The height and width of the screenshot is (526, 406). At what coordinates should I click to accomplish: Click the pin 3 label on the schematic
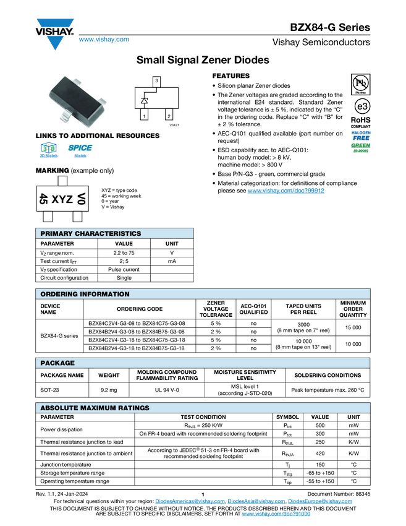tap(156, 81)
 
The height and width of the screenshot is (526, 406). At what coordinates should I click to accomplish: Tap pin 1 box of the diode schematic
tap(144, 115)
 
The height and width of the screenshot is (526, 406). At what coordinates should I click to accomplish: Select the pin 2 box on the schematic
tap(169, 115)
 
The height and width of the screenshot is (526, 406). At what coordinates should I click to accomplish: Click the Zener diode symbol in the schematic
tap(145, 100)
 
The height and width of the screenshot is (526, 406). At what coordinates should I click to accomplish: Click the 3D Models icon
tap(48, 150)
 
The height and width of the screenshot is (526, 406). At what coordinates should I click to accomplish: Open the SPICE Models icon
tap(80, 150)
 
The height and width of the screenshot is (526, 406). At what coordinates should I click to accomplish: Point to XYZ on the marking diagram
tap(62, 199)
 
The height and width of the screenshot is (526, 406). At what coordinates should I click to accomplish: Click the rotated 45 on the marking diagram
tap(43, 199)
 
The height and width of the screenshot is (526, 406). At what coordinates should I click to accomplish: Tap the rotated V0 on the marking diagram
tap(81, 199)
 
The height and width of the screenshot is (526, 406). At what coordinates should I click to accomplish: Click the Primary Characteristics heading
tap(91, 234)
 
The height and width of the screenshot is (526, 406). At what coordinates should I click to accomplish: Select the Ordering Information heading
tap(85, 294)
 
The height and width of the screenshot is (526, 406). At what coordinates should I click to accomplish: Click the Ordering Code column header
tap(140, 309)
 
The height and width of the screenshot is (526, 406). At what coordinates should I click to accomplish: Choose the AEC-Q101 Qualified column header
tap(254, 309)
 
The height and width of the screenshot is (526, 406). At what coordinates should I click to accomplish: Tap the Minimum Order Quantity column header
tap(353, 309)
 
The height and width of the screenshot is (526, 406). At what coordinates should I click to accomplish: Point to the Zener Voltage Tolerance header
tap(216, 309)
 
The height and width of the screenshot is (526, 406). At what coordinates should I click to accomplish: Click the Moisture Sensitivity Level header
tap(245, 375)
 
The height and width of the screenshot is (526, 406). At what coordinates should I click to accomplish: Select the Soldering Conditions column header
tap(328, 375)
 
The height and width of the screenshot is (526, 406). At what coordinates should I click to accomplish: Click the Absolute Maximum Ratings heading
tap(95, 408)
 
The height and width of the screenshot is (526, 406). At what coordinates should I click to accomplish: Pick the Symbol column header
tap(287, 417)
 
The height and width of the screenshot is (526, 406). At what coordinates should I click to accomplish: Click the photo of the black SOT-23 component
tap(78, 101)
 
